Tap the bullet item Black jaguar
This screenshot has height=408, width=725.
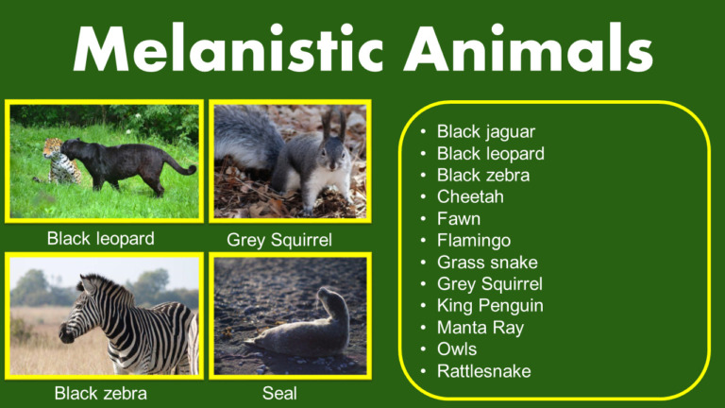click(x=486, y=131)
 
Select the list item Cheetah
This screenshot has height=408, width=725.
click(x=470, y=196)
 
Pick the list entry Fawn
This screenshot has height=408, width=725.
click(x=459, y=218)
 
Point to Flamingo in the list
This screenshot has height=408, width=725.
click(x=474, y=240)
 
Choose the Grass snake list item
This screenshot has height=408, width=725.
click(x=486, y=262)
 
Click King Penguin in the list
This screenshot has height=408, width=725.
click(x=490, y=305)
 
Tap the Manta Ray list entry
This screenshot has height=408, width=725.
click(x=481, y=327)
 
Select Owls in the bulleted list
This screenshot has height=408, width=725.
click(x=457, y=348)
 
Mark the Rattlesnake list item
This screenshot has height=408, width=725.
click(x=483, y=370)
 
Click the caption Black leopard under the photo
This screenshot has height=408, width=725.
click(x=101, y=238)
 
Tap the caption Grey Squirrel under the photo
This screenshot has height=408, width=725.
click(x=279, y=240)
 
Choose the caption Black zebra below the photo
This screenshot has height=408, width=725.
click(x=101, y=392)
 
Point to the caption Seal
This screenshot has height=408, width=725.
click(x=279, y=392)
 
